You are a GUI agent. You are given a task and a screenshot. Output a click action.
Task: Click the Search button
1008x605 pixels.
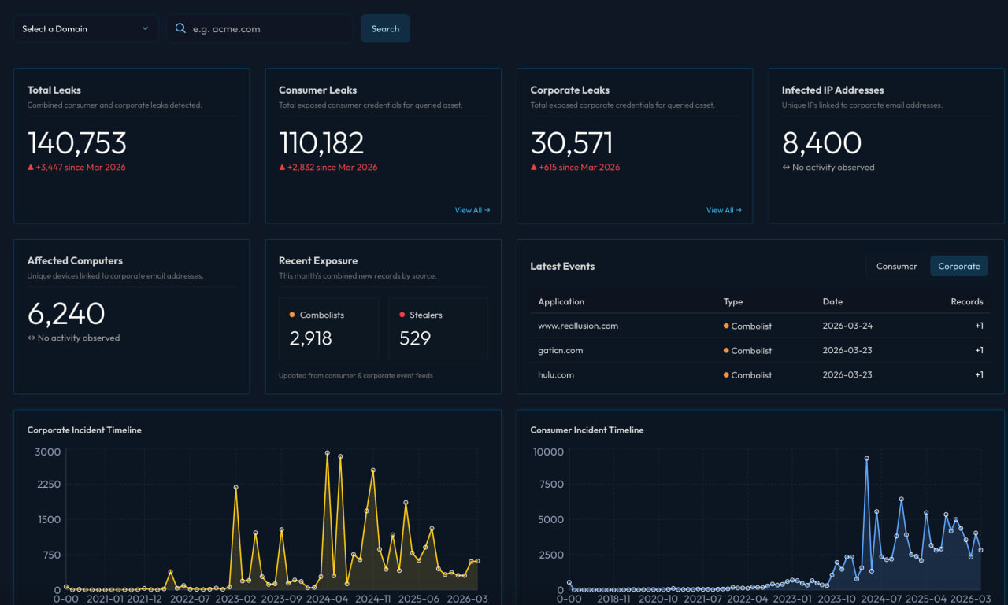pyautogui.click(x=385, y=29)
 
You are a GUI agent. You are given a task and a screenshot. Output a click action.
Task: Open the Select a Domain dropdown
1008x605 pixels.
pyautogui.click(x=85, y=29)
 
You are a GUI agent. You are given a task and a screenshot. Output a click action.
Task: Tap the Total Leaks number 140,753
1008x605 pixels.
pyautogui.click(x=77, y=143)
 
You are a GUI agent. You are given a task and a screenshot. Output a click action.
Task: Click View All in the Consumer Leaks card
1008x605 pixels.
pyautogui.click(x=472, y=210)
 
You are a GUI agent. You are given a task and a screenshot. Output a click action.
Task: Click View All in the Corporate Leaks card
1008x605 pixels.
pyautogui.click(x=724, y=210)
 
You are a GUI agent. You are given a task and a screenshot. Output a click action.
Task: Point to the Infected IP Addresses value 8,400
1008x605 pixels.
pyautogui.click(x=821, y=143)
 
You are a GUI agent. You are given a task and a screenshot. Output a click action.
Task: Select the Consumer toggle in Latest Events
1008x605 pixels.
pyautogui.click(x=897, y=266)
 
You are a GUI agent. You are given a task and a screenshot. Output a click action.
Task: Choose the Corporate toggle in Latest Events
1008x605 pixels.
pyautogui.click(x=958, y=266)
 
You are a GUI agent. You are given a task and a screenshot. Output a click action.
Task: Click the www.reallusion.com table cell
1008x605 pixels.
pyautogui.click(x=578, y=326)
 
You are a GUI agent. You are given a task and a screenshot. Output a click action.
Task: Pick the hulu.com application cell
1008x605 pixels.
pyautogui.click(x=556, y=375)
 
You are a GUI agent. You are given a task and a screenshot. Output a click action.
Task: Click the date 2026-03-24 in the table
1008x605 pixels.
pyautogui.click(x=847, y=326)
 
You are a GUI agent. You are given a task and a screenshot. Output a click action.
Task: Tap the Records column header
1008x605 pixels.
pyautogui.click(x=966, y=301)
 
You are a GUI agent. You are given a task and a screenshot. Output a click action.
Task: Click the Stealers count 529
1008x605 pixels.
pyautogui.click(x=415, y=338)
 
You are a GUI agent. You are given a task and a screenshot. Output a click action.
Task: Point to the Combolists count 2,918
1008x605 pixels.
pyautogui.click(x=311, y=338)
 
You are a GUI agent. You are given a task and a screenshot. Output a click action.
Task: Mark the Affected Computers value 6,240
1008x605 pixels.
pyautogui.click(x=66, y=314)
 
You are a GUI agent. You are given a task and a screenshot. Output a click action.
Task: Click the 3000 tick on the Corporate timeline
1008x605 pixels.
pyautogui.click(x=47, y=452)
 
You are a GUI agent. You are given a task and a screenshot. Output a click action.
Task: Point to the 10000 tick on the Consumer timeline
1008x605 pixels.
pyautogui.click(x=548, y=452)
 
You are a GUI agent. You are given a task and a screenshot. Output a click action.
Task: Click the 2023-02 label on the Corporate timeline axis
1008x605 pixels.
pyautogui.click(x=236, y=599)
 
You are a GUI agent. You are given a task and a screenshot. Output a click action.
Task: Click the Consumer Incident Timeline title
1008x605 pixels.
pyautogui.click(x=587, y=430)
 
